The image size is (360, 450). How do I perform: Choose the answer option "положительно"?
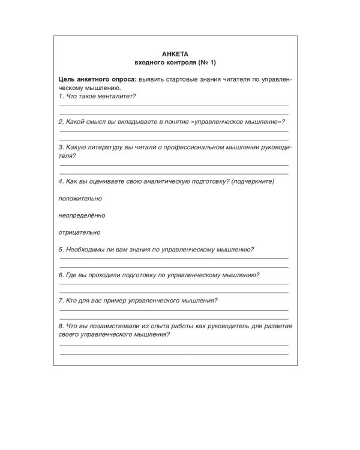[x=80, y=198]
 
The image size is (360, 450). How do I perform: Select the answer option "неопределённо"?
[x=82, y=215]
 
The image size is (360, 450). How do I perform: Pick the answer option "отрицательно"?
[x=80, y=232]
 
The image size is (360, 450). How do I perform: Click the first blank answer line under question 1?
[x=173, y=105]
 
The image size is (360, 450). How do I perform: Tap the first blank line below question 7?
[x=173, y=310]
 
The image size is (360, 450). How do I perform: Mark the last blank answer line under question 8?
[x=173, y=353]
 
